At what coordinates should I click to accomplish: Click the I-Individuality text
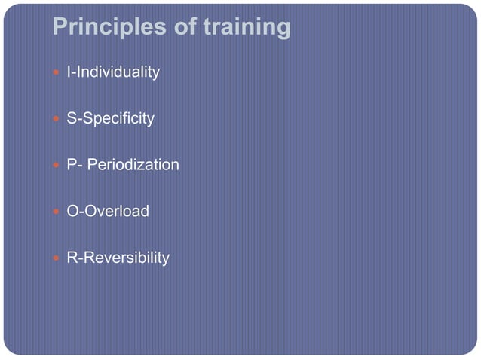coord(113,72)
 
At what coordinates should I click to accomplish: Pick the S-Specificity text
coord(111,119)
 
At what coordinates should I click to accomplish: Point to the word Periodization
coord(133,165)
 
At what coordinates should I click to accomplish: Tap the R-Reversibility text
coord(118,258)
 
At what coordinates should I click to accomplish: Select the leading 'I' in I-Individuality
coord(69,72)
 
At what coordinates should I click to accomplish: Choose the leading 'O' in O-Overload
coord(73,211)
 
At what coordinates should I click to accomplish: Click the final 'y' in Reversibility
coord(166,260)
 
